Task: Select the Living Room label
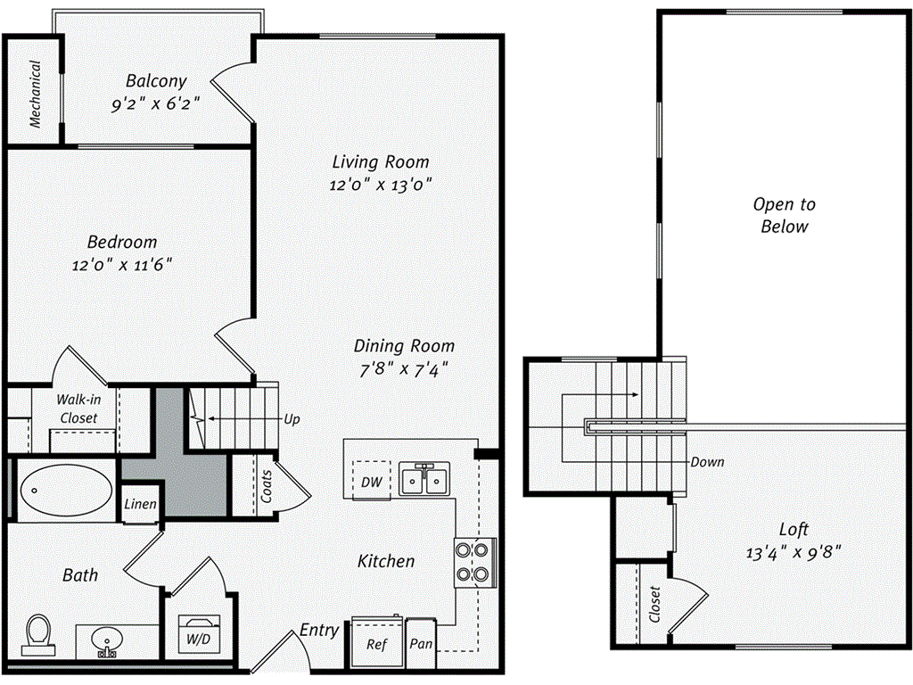click(x=381, y=162)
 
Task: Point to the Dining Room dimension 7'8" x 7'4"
click(x=404, y=368)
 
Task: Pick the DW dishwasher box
click(x=371, y=482)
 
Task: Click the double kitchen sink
click(x=424, y=480)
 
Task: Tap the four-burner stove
click(x=475, y=563)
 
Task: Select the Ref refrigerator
click(x=378, y=642)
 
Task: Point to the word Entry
click(x=318, y=631)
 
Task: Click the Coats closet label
click(x=267, y=486)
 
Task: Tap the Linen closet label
click(x=141, y=505)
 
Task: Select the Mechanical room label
click(x=35, y=95)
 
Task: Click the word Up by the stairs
click(x=291, y=418)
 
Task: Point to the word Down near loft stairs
click(x=707, y=462)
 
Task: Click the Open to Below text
click(x=784, y=215)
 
